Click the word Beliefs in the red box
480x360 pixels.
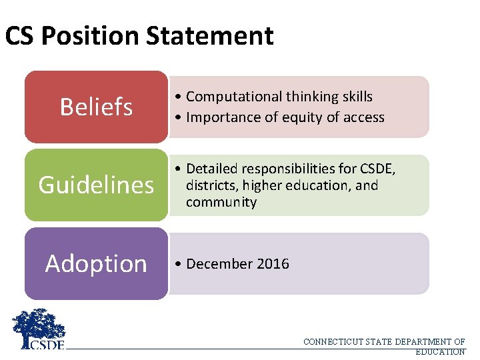96,107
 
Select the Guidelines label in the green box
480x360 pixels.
96,185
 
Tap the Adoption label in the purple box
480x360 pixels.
96,263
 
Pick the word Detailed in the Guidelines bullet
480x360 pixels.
213,169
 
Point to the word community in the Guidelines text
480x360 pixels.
221,203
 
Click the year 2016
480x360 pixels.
274,264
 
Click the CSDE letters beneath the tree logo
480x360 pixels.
45,345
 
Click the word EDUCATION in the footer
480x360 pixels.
440,351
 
